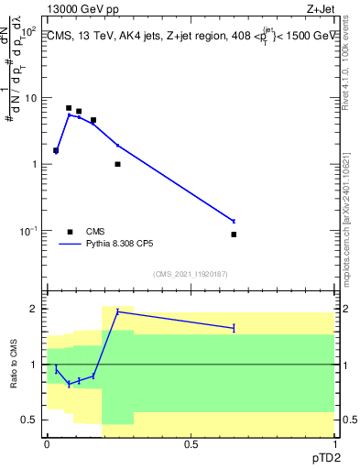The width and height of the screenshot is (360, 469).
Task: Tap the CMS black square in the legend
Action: pyautogui.click(x=70, y=232)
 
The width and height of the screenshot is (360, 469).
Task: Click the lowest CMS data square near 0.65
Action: pyautogui.click(x=234, y=234)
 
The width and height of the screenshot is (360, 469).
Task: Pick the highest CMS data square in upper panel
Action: pyautogui.click(x=69, y=108)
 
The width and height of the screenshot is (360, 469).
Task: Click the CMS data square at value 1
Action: pyautogui.click(x=117, y=164)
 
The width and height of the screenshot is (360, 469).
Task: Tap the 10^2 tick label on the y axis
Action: pyautogui.click(x=30, y=32)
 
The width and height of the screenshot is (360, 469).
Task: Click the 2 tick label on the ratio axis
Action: pyautogui.click(x=37, y=309)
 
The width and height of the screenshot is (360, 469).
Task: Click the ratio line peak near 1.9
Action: pyautogui.click(x=117, y=311)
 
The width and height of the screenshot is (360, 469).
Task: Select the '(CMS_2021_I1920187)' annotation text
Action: pyautogui.click(x=190, y=274)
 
